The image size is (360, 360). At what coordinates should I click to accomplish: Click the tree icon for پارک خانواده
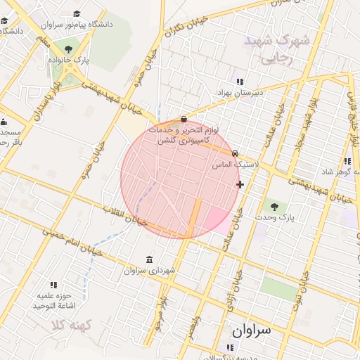coord(68,49)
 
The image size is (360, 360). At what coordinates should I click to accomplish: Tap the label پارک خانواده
coord(68,60)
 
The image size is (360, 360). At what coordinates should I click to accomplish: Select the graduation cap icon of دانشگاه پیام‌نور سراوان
coord(77,13)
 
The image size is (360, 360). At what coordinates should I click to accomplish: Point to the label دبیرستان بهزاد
coord(239,92)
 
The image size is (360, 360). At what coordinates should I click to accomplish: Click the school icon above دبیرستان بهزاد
coord(239,82)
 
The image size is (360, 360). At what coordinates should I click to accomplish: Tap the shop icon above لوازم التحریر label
coord(184,119)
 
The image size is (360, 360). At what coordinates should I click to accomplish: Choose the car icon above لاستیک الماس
coord(235,153)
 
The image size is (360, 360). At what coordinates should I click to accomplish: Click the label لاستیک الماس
coord(236,164)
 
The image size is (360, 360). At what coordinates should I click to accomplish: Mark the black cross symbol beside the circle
coord(240,185)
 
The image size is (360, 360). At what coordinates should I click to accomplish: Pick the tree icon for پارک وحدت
coord(274,207)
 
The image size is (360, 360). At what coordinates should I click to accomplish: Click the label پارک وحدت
coord(275,218)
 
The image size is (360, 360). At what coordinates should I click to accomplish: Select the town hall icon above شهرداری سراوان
coord(148,259)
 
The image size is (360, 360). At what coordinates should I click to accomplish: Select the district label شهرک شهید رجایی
coord(276,49)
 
